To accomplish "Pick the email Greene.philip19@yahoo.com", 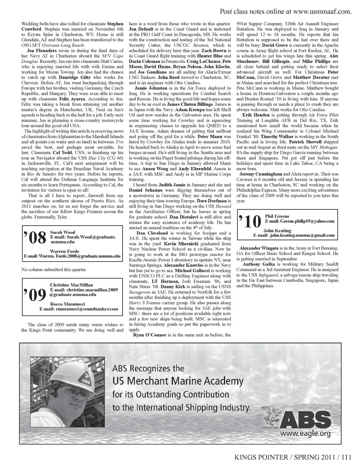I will pyautogui.click(x=299, y=221).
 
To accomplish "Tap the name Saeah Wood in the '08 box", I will pyautogui.click(x=63, y=232).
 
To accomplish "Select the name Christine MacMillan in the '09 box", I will pyautogui.click(x=72, y=285).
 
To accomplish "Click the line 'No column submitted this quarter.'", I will pyautogui.click(x=54, y=269).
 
